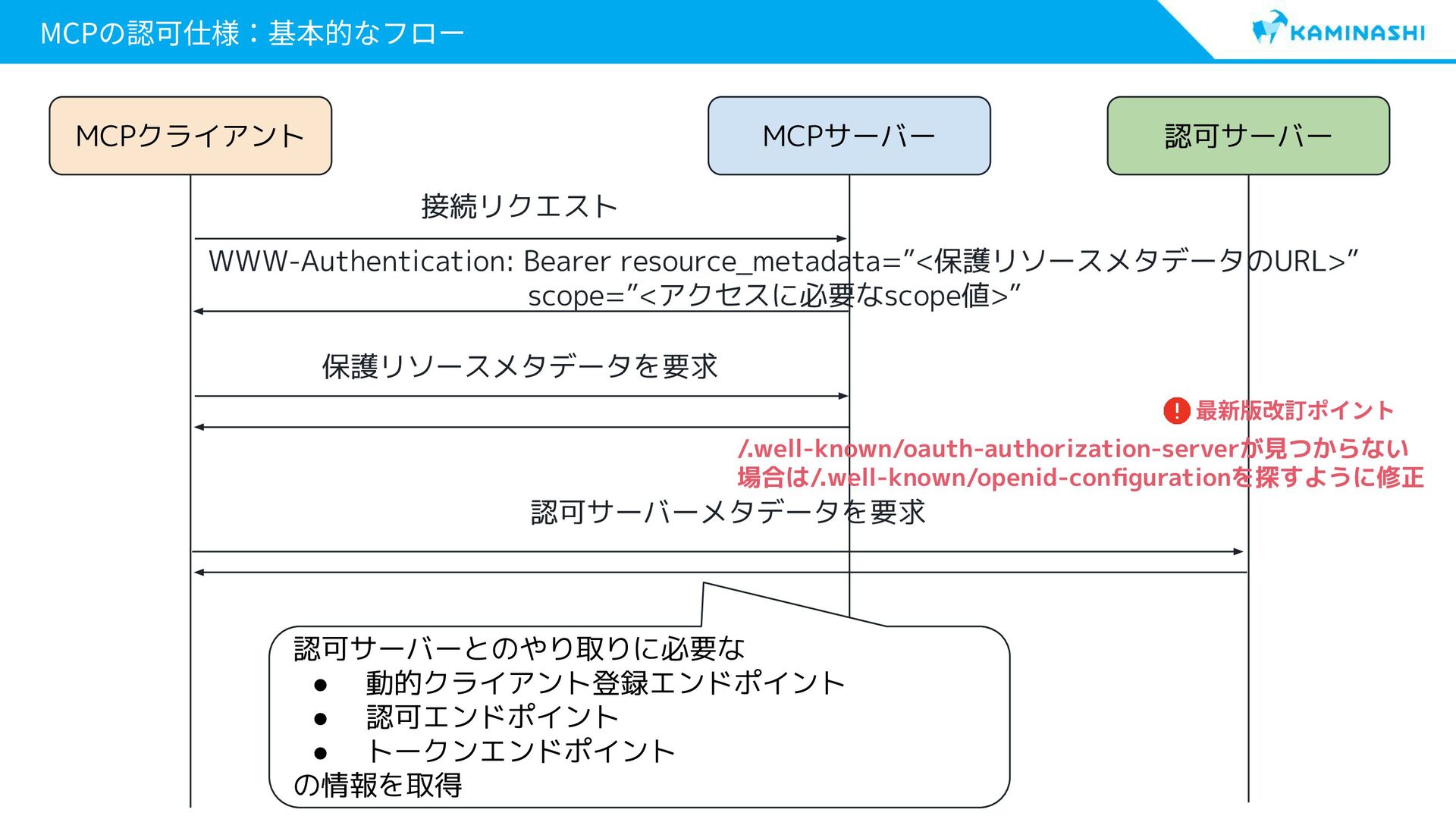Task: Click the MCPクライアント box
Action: click(x=190, y=136)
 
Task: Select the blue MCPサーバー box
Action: click(x=849, y=136)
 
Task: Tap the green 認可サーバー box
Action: click(x=1248, y=136)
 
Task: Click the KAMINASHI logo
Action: click(x=1338, y=30)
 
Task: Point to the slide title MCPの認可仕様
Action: click(x=251, y=33)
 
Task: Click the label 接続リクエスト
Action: click(x=519, y=206)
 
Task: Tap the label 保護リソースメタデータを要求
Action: click(x=519, y=366)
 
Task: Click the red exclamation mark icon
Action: click(x=1176, y=411)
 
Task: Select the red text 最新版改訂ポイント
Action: click(x=1294, y=411)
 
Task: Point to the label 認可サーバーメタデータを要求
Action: click(x=728, y=513)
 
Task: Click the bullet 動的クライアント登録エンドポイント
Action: click(x=604, y=683)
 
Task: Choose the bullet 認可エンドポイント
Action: click(x=492, y=717)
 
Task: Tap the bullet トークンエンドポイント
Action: click(x=520, y=752)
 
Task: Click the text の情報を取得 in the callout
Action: click(x=378, y=785)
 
